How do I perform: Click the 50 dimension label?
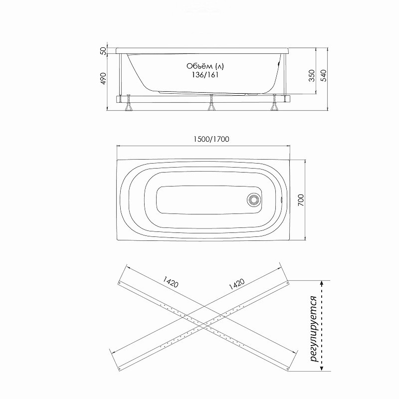[103, 51]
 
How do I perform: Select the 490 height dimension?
[103, 79]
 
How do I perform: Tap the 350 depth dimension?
[312, 76]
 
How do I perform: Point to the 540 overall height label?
[323, 76]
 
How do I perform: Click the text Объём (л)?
[205, 66]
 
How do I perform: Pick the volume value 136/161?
[205, 75]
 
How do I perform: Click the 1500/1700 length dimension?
[211, 139]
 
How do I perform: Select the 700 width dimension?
[301, 200]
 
